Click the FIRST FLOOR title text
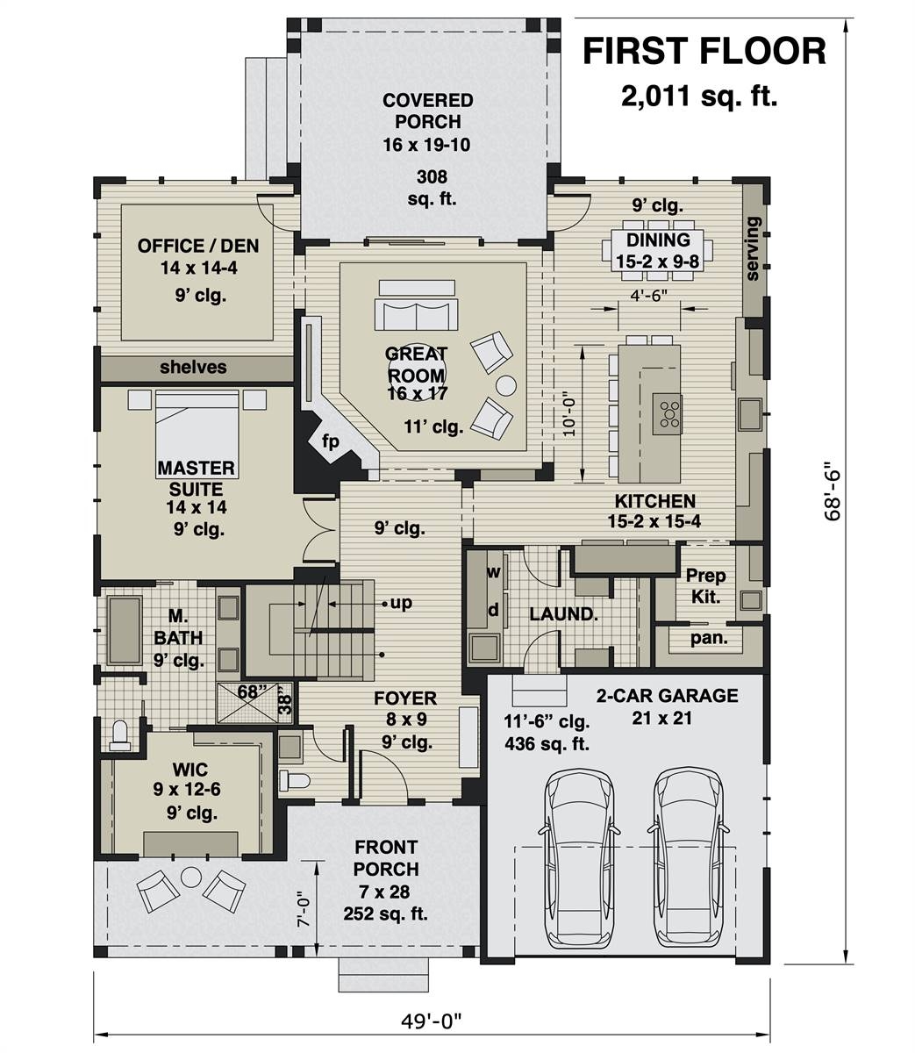(x=704, y=52)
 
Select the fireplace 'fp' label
(x=330, y=441)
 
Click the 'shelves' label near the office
(x=193, y=368)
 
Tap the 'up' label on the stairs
(x=402, y=604)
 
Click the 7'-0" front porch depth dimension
(x=303, y=910)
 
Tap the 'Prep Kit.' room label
(x=705, y=586)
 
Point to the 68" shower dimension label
(x=252, y=691)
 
